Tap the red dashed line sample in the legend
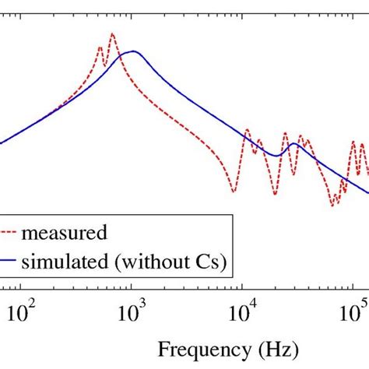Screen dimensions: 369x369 point(9,232)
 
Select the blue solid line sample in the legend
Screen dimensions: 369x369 point(9,264)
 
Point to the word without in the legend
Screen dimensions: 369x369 point(150,264)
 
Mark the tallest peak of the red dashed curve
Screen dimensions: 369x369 point(112,33)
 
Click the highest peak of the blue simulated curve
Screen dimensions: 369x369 point(133,51)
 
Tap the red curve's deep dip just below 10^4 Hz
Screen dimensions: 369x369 point(233,192)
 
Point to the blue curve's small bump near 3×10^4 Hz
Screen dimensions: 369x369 point(293,144)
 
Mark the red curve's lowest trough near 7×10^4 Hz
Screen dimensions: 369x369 point(332,206)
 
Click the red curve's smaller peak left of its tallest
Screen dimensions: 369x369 point(100,47)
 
